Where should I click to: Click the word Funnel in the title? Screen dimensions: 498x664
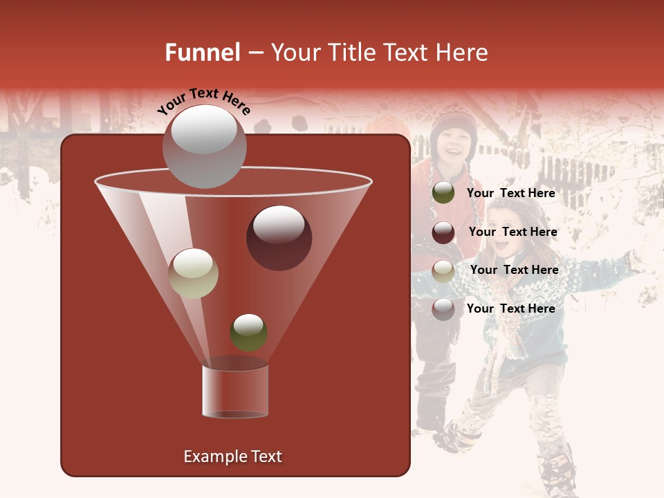tap(202, 53)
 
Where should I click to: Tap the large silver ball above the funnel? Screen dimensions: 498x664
tap(204, 146)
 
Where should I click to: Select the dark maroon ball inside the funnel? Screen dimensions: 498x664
tap(279, 238)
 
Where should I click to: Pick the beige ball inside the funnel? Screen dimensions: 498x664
tap(193, 273)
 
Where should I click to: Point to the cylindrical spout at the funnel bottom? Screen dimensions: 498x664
tap(234, 391)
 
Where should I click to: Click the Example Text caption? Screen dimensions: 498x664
tap(232, 456)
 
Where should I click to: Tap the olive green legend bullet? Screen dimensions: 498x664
tap(443, 193)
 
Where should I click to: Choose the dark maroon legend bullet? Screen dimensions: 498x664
tap(443, 232)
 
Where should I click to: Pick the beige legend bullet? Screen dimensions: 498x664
tap(443, 271)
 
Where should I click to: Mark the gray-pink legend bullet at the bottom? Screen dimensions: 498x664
tap(443, 309)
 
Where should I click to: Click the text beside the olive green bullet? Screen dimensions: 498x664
tap(510, 193)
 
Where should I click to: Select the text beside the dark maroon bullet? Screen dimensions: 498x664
tap(513, 232)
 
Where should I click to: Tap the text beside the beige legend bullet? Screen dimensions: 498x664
tap(514, 270)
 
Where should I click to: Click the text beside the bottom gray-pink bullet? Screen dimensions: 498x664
tap(510, 308)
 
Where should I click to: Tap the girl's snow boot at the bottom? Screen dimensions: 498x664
tap(557, 470)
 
